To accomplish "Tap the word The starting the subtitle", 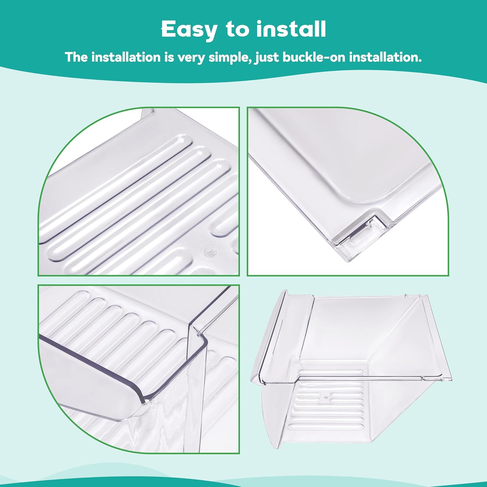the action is pyautogui.click(x=77, y=57).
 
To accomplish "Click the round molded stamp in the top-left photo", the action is pyautogui.click(x=207, y=251).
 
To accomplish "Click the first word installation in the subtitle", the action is pyautogui.click(x=126, y=57).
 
